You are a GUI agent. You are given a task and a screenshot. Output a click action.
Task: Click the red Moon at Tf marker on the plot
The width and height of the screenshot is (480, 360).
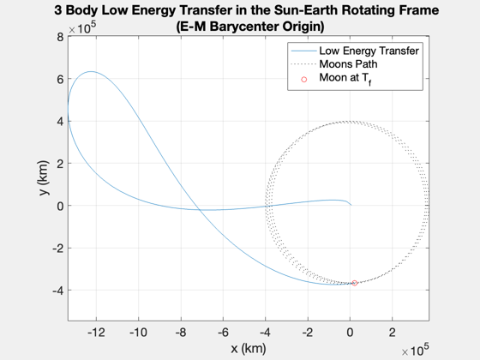[355, 283]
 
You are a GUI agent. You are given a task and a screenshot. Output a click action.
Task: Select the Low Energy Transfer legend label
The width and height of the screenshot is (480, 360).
[369, 51]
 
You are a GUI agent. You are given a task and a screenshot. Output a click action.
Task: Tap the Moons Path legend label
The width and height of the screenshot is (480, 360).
[348, 64]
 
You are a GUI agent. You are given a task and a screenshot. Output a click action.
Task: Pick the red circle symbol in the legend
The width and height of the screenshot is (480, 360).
[303, 80]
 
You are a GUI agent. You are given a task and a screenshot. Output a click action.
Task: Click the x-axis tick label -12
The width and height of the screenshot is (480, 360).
[96, 333]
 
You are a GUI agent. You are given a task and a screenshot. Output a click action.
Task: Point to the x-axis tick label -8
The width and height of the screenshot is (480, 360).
[181, 333]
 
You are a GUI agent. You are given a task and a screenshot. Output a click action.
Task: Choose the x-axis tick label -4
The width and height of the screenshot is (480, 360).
[266, 333]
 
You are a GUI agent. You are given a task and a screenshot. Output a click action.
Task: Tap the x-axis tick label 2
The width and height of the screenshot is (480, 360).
[393, 333]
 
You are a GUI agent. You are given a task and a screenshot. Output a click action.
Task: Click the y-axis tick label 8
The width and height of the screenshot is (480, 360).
[60, 38]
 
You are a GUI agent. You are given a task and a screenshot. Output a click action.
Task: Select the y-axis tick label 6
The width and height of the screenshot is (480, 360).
[60, 80]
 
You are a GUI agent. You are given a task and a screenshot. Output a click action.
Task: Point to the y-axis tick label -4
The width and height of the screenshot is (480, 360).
[58, 291]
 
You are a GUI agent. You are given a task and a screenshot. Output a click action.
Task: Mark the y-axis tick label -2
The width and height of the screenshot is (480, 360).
[58, 249]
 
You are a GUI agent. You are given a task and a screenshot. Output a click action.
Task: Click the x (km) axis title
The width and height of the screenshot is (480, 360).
[249, 348]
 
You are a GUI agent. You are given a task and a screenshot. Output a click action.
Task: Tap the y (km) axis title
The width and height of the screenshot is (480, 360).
[44, 178]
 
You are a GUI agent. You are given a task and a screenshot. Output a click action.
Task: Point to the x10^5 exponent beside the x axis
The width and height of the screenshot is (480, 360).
[415, 350]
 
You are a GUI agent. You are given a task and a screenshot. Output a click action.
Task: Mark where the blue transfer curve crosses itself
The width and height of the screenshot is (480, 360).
[199, 210]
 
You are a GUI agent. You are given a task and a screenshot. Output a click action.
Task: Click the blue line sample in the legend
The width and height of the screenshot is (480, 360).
[303, 51]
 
